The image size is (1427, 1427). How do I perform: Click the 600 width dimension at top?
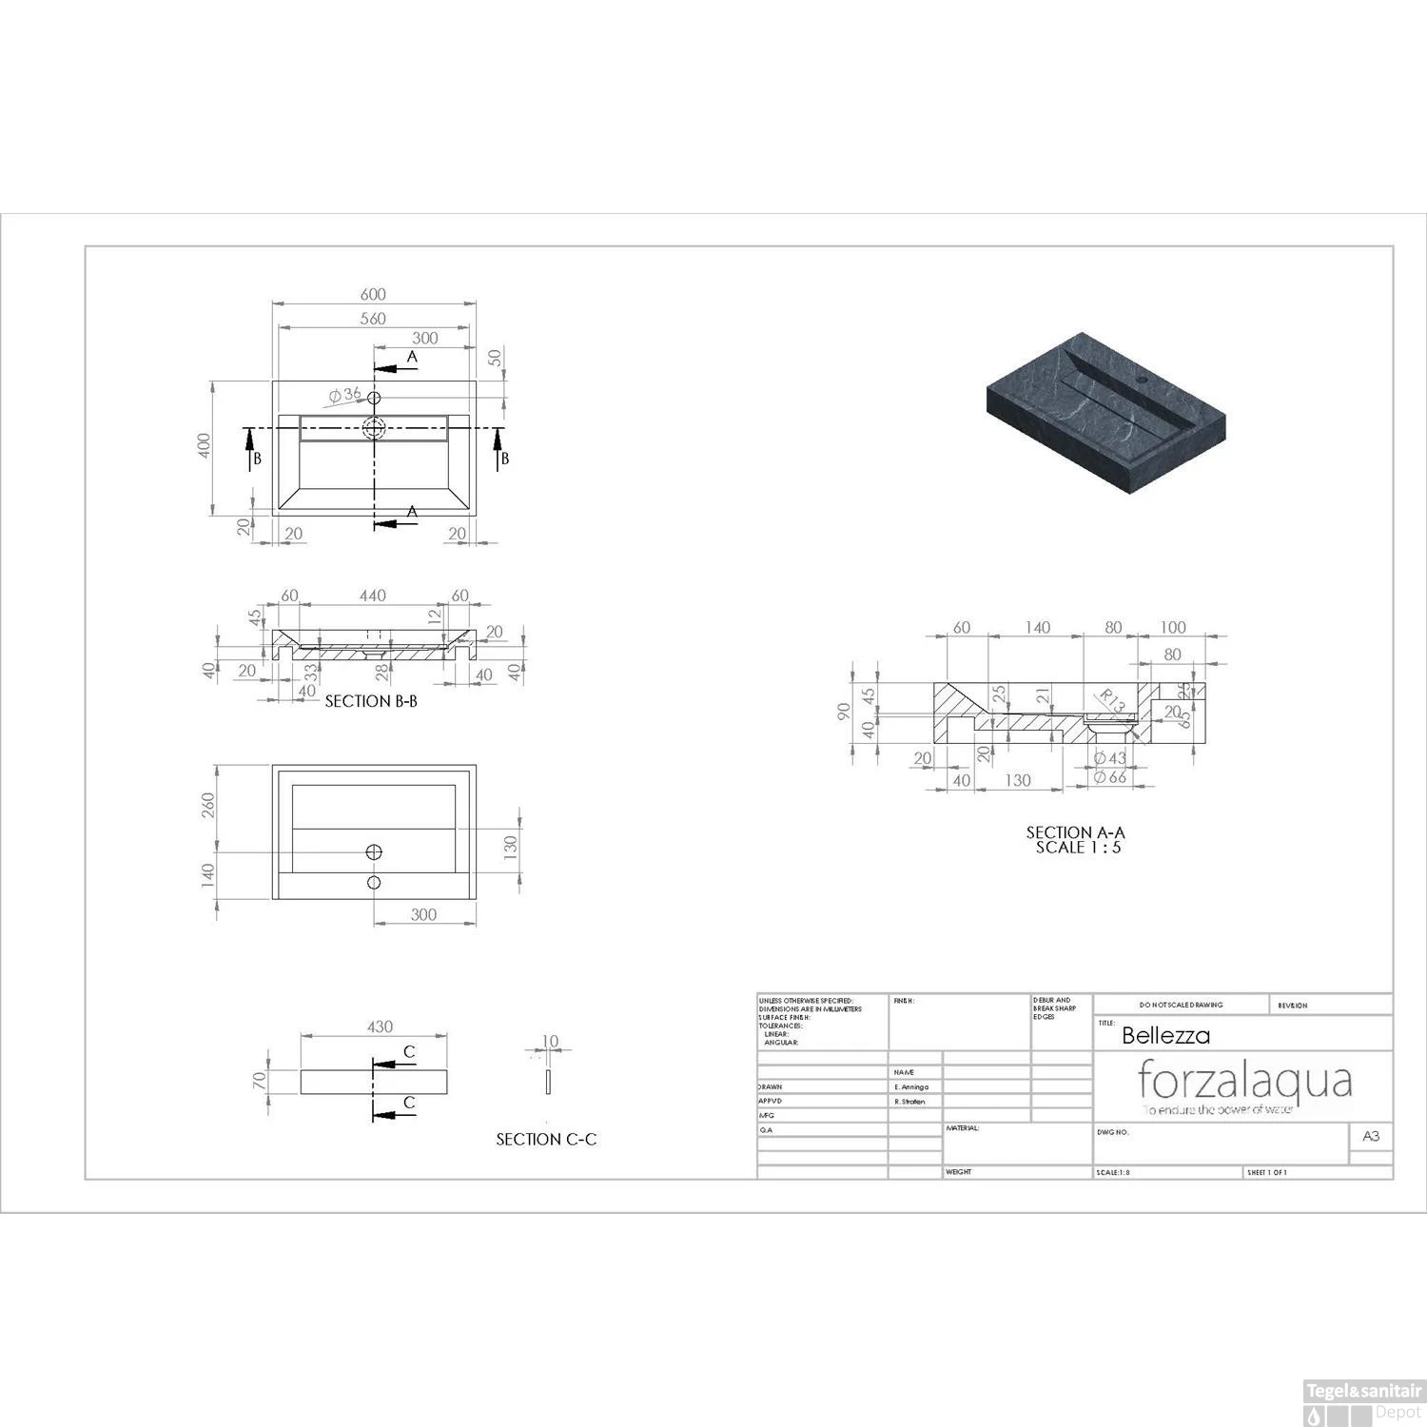tap(373, 295)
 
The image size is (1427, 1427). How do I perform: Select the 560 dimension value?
tap(373, 319)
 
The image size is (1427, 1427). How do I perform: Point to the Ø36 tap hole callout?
tap(344, 395)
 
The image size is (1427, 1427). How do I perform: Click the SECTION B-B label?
tap(371, 701)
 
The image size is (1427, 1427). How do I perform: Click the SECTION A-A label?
tap(1075, 832)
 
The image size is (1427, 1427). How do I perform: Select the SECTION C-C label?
tap(546, 1139)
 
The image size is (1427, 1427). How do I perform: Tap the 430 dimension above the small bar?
tap(380, 1026)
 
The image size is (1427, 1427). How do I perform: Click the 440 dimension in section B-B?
tap(372, 596)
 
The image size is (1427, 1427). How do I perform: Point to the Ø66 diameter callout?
tap(1109, 777)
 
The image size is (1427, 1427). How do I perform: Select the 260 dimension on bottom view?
tap(208, 805)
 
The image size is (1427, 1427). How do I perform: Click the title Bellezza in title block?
tap(1165, 1036)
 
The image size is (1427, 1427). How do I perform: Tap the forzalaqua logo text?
tap(1244, 1081)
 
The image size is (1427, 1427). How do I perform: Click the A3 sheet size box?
tap(1371, 1136)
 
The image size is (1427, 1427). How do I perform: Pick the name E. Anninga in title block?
tap(911, 1086)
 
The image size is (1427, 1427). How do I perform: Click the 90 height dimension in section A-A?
tap(844, 712)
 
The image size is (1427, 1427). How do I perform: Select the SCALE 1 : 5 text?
tap(1078, 848)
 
